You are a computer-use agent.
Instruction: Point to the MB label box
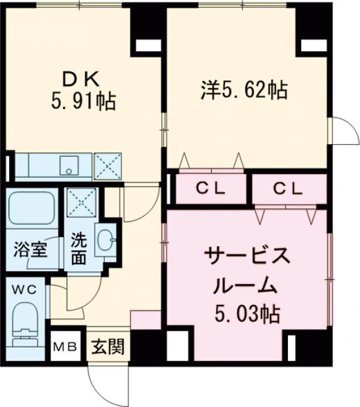coord(65,347)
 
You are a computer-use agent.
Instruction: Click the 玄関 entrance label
coord(108,347)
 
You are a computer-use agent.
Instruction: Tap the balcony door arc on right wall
coord(344,131)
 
